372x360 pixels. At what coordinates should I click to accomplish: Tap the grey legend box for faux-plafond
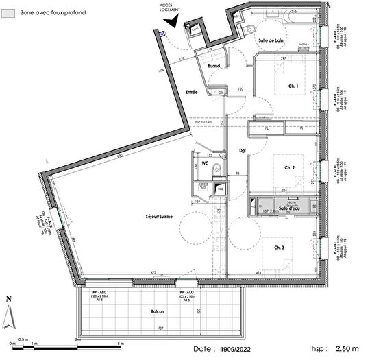[10, 12]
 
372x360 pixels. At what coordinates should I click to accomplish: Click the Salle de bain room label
[271, 40]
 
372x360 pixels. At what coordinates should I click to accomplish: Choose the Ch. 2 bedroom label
[289, 167]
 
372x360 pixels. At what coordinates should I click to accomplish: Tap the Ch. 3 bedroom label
[280, 248]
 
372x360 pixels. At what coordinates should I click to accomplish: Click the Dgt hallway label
[242, 151]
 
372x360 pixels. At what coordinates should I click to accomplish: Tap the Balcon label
[158, 312]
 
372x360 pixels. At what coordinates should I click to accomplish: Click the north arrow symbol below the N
[8, 316]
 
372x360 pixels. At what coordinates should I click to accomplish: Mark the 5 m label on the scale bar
[121, 342]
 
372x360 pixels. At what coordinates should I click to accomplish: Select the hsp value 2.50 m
[345, 349]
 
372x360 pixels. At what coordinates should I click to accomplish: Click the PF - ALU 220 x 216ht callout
[101, 295]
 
